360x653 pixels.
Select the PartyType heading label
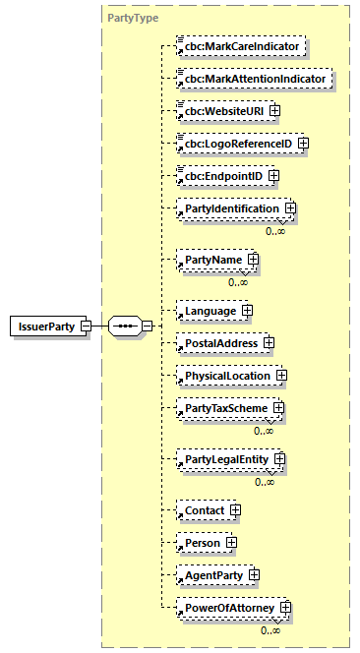[x=133, y=18]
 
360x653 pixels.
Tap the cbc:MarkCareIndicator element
[x=238, y=46]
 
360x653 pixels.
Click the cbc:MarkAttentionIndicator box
[x=251, y=78]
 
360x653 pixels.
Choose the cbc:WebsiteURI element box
[x=220, y=110]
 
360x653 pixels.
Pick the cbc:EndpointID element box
[x=219, y=176]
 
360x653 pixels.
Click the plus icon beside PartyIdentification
[x=290, y=208]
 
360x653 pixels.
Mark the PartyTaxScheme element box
[x=221, y=408]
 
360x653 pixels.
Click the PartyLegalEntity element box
[x=222, y=459]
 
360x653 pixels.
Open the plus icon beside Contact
[x=235, y=510]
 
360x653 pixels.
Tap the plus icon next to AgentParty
[x=254, y=574]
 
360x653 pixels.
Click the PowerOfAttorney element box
[x=225, y=608]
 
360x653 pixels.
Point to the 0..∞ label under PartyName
[x=238, y=282]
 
